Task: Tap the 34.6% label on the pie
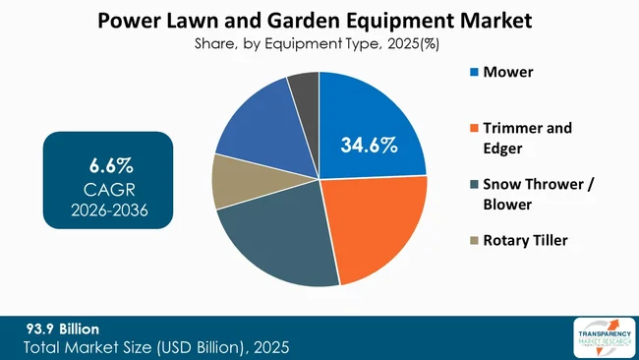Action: (x=369, y=147)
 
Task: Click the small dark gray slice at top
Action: (x=303, y=89)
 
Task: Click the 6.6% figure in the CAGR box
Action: (x=108, y=160)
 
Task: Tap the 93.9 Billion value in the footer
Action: (x=65, y=327)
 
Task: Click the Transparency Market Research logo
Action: (x=601, y=337)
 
